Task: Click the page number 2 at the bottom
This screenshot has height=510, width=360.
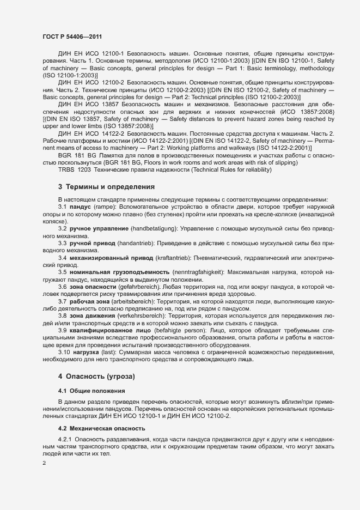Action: point(44,463)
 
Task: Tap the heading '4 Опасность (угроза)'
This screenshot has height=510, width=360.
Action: point(96,376)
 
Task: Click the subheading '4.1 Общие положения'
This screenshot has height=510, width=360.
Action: point(91,391)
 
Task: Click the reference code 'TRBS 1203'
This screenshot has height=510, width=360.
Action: point(75,170)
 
